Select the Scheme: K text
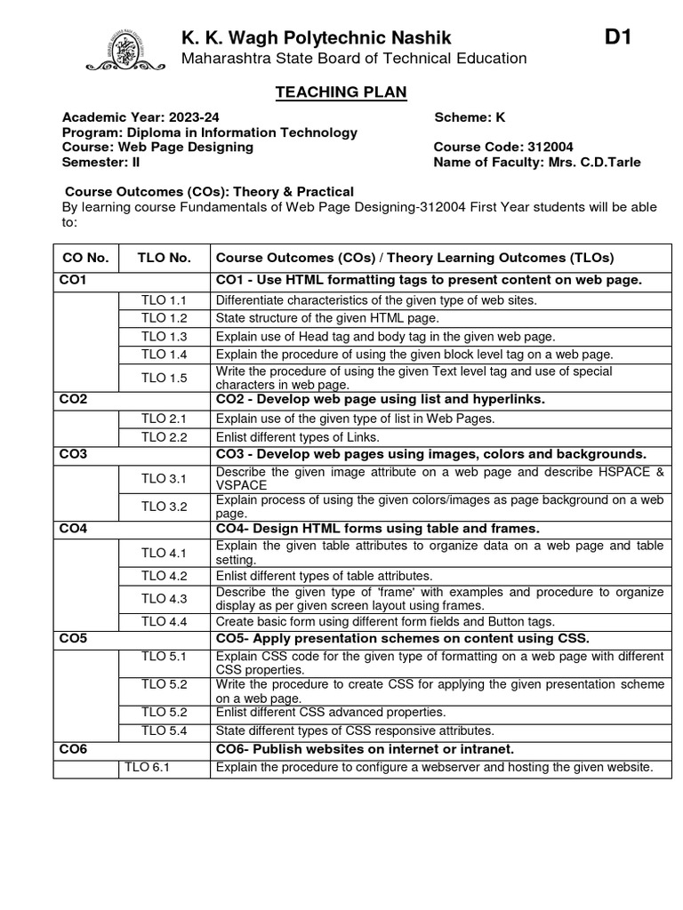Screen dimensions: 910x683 pyautogui.click(x=470, y=117)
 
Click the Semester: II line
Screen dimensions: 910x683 pyautogui.click(x=100, y=162)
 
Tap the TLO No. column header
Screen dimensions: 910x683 pyautogui.click(x=165, y=258)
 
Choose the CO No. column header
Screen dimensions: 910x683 pyautogui.click(x=85, y=258)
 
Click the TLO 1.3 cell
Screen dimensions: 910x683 pyautogui.click(x=165, y=337)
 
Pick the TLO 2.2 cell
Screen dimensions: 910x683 pyautogui.click(x=165, y=436)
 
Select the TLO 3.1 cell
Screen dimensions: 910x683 pyautogui.click(x=165, y=479)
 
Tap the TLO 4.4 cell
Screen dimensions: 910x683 pyautogui.click(x=165, y=621)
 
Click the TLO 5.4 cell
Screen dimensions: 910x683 pyautogui.click(x=165, y=730)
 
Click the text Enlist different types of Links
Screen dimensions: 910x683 pyautogui.click(x=297, y=436)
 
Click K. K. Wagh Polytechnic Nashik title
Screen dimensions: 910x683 pyautogui.click(x=317, y=37)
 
